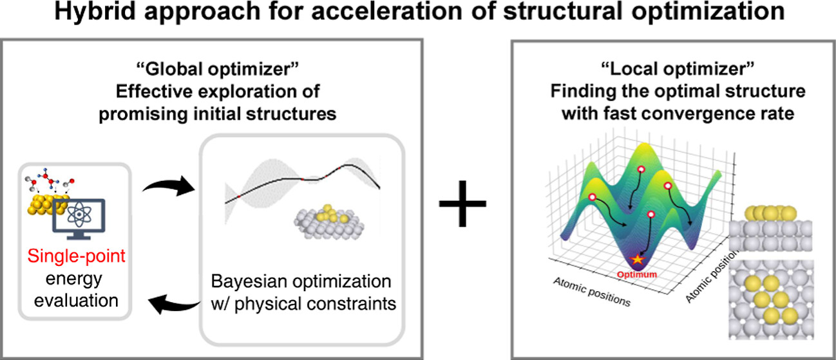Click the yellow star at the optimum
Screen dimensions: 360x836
tap(638, 260)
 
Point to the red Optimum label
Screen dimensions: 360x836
tap(637, 274)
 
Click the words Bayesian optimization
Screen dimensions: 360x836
tap(301, 282)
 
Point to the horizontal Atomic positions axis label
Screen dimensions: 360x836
tap(591, 292)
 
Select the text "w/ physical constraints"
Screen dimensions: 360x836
tap(301, 303)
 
